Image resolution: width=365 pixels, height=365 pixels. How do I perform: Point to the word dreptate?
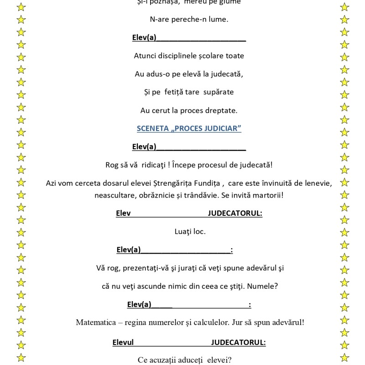coord(222,110)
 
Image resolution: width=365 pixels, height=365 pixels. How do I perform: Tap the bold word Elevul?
coord(123,342)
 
